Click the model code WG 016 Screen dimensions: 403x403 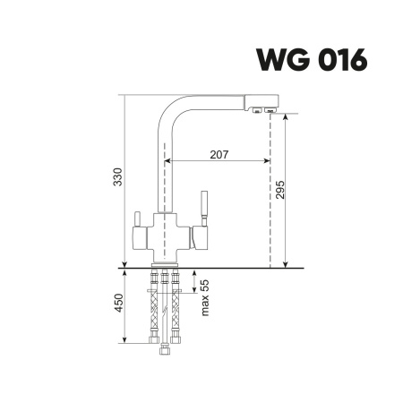tap(312, 59)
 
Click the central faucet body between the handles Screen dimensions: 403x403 tap(163, 235)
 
